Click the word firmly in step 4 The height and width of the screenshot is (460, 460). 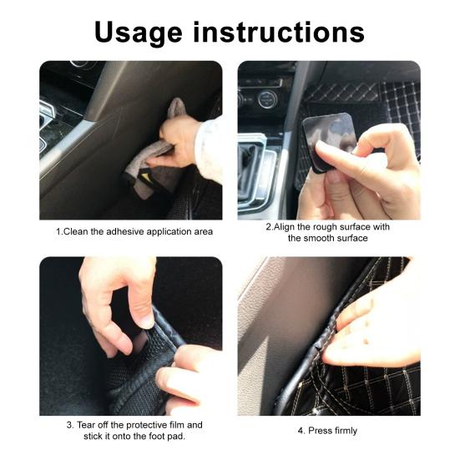[344, 431]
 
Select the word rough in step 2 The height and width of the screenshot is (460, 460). [334, 227]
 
